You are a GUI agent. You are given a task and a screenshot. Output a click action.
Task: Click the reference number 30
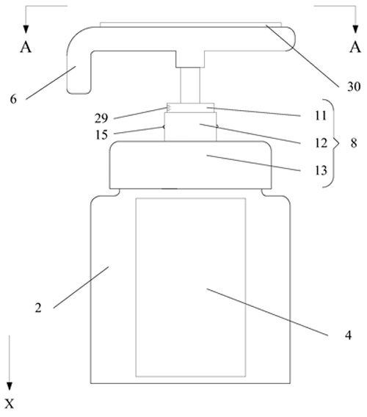point(354,87)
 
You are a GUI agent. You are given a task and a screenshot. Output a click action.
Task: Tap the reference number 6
point(13,99)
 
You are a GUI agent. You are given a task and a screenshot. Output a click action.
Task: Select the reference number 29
point(101,118)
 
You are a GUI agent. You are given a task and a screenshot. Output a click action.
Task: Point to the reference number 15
point(101,135)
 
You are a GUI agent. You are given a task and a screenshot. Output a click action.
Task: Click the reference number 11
point(321,115)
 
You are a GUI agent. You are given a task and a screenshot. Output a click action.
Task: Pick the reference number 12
point(321,143)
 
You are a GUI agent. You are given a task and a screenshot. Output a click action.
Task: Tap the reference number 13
point(321,170)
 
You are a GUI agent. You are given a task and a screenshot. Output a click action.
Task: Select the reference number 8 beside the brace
point(354,143)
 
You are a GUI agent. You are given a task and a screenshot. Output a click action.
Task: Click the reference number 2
point(38,308)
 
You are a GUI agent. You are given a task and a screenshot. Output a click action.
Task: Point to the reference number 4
point(349,335)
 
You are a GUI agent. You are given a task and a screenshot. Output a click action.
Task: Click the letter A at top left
point(26,47)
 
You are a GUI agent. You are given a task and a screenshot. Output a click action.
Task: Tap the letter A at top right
point(355,47)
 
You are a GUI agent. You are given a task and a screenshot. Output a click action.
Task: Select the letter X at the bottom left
point(10,404)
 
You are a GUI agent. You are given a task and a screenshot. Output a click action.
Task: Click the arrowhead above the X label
point(10,386)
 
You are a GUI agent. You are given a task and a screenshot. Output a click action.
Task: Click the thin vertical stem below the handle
point(190,85)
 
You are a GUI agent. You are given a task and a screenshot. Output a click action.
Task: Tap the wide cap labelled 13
point(190,165)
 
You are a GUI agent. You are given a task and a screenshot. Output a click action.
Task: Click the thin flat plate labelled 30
point(190,24)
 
